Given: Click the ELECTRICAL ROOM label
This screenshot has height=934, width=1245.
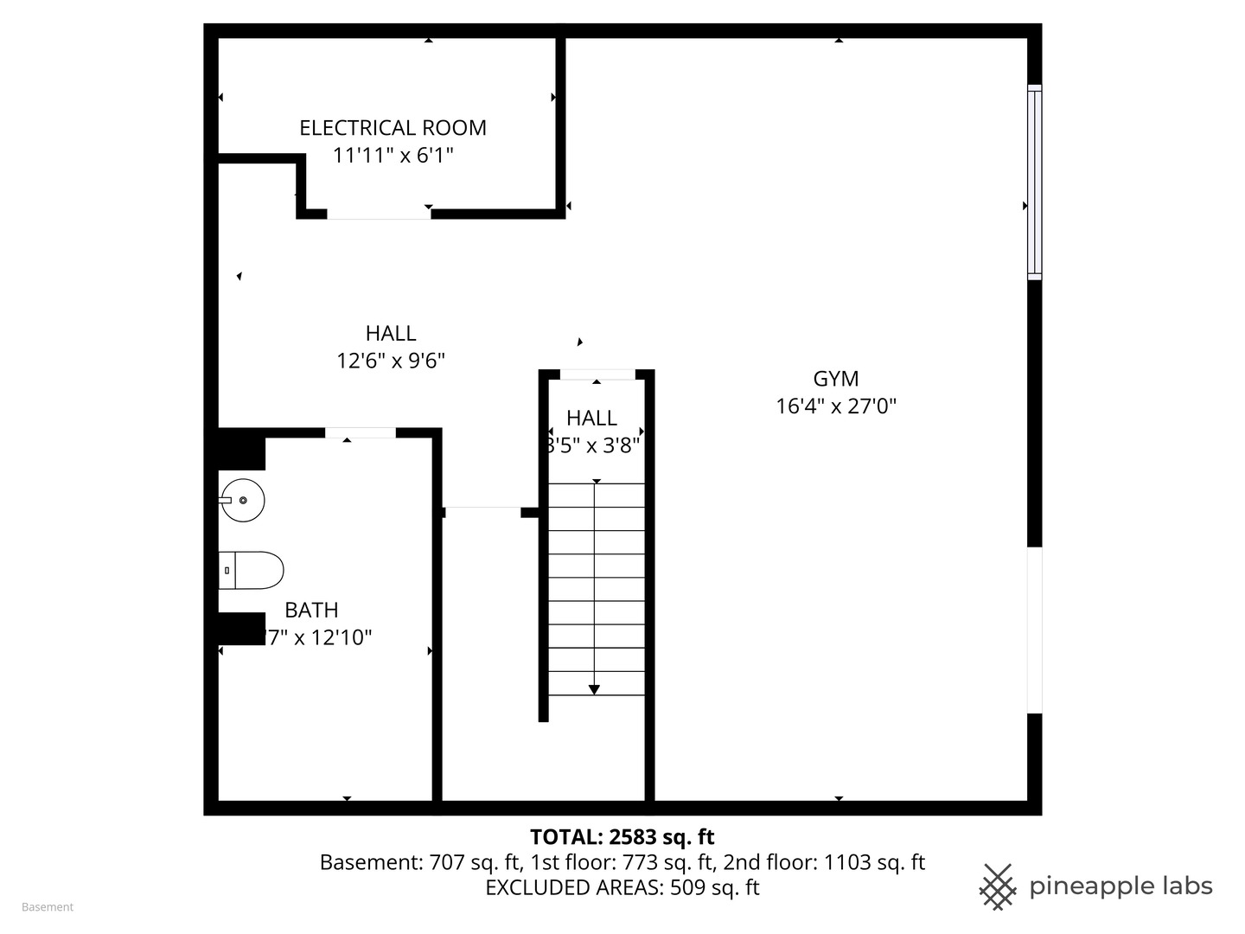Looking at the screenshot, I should click(393, 128).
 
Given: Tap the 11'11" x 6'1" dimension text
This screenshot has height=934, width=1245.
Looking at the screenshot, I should click(393, 156).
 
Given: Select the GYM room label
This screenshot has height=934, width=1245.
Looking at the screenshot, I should click(835, 379).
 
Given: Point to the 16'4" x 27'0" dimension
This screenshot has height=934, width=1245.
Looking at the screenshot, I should click(835, 406).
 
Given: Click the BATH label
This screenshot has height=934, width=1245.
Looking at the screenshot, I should click(311, 611).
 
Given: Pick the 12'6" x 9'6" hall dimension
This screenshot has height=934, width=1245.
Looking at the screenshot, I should click(391, 361).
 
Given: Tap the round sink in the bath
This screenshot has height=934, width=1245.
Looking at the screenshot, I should click(242, 500).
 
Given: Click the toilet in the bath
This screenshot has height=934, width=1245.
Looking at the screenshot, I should click(252, 571).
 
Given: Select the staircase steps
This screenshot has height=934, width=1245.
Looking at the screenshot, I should click(597, 588).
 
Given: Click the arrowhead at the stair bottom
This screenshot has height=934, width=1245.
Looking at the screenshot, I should click(594, 689).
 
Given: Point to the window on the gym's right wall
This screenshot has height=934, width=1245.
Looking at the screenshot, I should click(1034, 182).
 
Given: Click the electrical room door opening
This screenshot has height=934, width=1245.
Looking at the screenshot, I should click(378, 214).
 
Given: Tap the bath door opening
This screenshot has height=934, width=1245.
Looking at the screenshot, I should click(360, 432).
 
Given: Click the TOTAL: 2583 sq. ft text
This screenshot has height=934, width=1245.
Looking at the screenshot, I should click(622, 837).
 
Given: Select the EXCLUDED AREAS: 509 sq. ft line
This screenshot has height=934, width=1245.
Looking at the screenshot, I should click(622, 888).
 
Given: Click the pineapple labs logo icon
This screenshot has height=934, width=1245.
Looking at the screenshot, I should click(997, 886).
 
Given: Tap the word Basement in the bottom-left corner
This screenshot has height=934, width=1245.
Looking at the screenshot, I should click(48, 907).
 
